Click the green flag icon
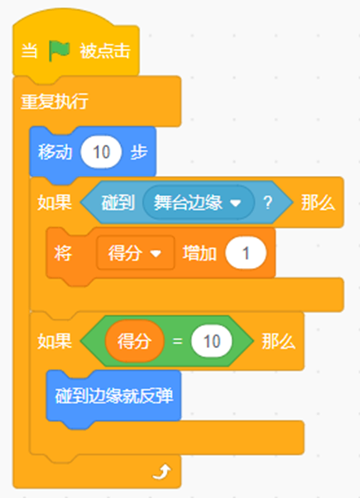pos(59,51)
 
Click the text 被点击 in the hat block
pos(105,51)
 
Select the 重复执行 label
pos(54,101)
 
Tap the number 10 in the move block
pos(101,152)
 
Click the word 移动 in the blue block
pos(55,152)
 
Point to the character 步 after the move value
pos(139,152)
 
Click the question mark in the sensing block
pos(268,203)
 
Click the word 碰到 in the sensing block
pos(118,203)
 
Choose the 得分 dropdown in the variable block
pos(135,253)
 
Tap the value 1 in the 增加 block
pos(246,253)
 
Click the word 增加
pos(200,253)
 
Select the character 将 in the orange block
pos(63,253)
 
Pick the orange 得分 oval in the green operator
pos(134,341)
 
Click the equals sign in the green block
pos(178,341)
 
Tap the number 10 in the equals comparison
pos(212,341)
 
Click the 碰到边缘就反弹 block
pos(114,396)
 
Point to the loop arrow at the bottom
pos(162,471)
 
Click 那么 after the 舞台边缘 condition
pos(318,203)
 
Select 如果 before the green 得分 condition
pos(55,341)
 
